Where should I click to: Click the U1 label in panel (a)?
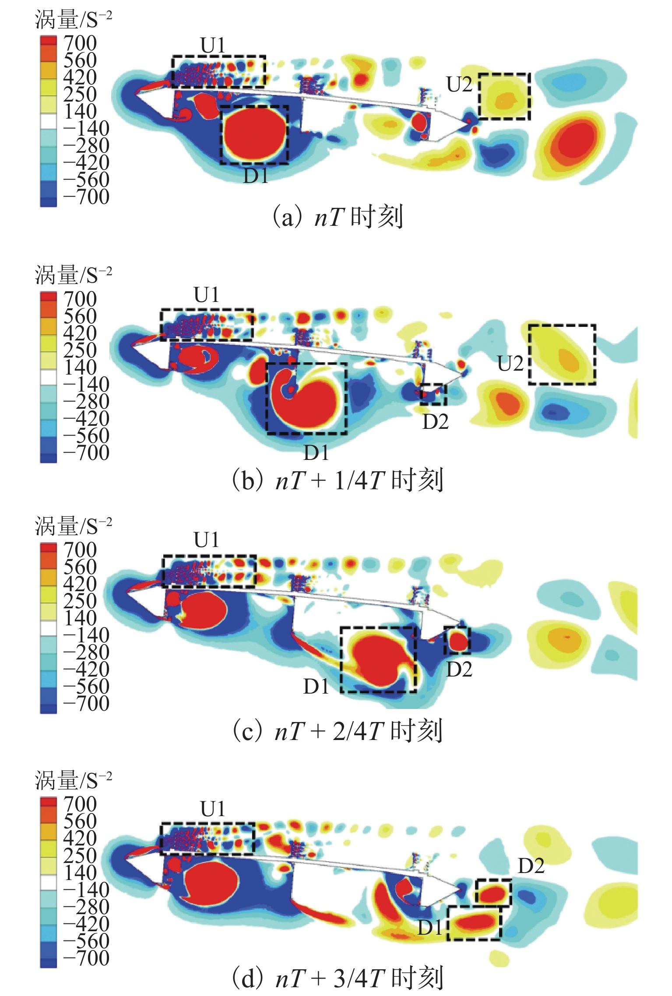[x=213, y=46]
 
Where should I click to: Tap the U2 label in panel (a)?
[x=459, y=84]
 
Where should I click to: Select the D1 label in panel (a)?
[x=256, y=175]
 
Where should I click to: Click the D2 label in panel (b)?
[x=435, y=421]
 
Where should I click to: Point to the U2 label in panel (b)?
[x=510, y=364]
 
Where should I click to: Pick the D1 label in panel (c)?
[x=316, y=687]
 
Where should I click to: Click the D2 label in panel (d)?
[x=531, y=866]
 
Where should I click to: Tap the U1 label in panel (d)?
[x=213, y=809]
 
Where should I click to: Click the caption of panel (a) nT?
[x=337, y=217]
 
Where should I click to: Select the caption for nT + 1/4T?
[x=337, y=480]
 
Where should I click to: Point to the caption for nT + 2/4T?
[x=337, y=731]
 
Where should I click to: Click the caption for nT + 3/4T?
[x=337, y=978]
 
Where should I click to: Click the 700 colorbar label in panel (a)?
[x=80, y=43]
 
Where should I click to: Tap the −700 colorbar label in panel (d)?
[x=86, y=958]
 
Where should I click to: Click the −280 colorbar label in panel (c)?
[x=86, y=652]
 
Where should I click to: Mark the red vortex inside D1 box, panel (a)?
[x=254, y=134]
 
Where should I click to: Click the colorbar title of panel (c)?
[x=74, y=526]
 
